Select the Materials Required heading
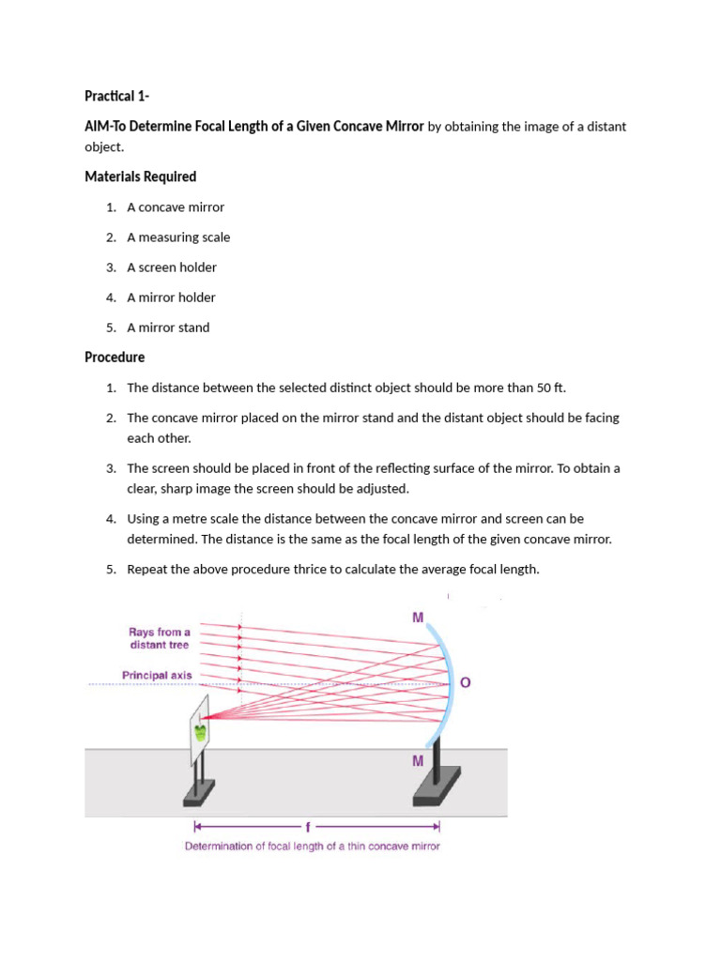[x=140, y=176]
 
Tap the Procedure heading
[x=115, y=358]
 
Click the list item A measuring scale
[x=178, y=237]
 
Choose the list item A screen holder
[x=172, y=267]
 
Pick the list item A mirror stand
[x=168, y=328]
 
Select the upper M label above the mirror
[x=418, y=618]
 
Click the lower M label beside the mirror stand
[x=418, y=761]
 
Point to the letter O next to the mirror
[x=465, y=683]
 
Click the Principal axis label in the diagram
[x=156, y=675]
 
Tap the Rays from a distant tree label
[x=159, y=638]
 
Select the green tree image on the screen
[x=200, y=732]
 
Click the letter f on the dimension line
[x=307, y=827]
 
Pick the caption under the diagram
[x=312, y=847]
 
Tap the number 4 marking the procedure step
[x=110, y=519]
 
